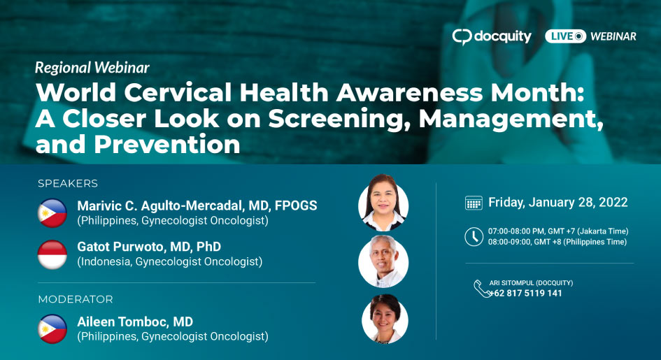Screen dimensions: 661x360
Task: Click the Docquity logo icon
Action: [x=462, y=37]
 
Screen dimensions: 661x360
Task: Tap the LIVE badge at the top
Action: [x=565, y=36]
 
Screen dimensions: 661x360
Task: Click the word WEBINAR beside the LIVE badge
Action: [x=613, y=36]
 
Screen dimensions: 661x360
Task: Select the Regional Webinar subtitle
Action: [x=92, y=68]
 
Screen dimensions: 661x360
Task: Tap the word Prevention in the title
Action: [x=167, y=145]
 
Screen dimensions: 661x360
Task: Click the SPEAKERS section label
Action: [x=68, y=184]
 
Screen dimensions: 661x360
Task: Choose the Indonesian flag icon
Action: [x=52, y=254]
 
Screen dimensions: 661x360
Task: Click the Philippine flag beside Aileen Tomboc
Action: [x=52, y=329]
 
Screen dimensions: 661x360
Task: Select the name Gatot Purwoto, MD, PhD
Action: [x=149, y=247]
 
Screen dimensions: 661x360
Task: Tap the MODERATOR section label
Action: [x=76, y=299]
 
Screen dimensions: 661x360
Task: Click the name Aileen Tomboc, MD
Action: [x=135, y=322]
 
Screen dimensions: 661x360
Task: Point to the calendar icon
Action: [x=474, y=203]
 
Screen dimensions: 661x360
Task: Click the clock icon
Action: [x=474, y=237]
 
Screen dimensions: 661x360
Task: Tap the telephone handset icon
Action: [x=481, y=289]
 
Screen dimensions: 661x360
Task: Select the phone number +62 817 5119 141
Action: [x=526, y=294]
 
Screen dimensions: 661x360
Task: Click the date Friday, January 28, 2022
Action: [x=557, y=203]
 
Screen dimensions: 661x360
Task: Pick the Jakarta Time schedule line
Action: [x=558, y=231]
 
